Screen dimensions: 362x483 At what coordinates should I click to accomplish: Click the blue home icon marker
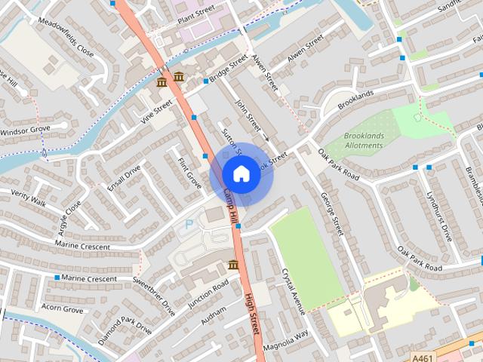(x=240, y=173)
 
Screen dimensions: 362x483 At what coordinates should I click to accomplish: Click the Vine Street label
(x=156, y=110)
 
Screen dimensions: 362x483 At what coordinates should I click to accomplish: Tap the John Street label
(x=248, y=115)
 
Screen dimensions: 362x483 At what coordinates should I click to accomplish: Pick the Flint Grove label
(x=189, y=173)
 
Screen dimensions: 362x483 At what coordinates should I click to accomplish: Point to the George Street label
(x=332, y=213)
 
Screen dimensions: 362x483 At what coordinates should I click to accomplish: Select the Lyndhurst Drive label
(x=438, y=221)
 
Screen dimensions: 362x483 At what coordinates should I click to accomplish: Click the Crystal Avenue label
(x=294, y=290)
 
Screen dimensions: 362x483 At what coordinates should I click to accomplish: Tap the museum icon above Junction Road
(x=233, y=265)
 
